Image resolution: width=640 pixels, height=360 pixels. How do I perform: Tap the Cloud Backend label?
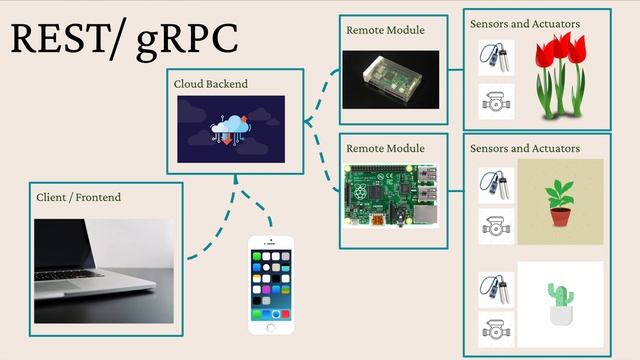pyautogui.click(x=210, y=84)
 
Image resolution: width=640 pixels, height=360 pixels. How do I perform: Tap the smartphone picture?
pyautogui.click(x=271, y=286)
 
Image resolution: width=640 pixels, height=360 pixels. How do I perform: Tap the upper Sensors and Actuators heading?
pyautogui.click(x=524, y=23)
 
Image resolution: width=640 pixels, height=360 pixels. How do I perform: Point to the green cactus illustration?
pyautogui.click(x=560, y=304)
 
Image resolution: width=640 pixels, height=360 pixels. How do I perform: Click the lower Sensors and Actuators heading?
pyautogui.click(x=524, y=148)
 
